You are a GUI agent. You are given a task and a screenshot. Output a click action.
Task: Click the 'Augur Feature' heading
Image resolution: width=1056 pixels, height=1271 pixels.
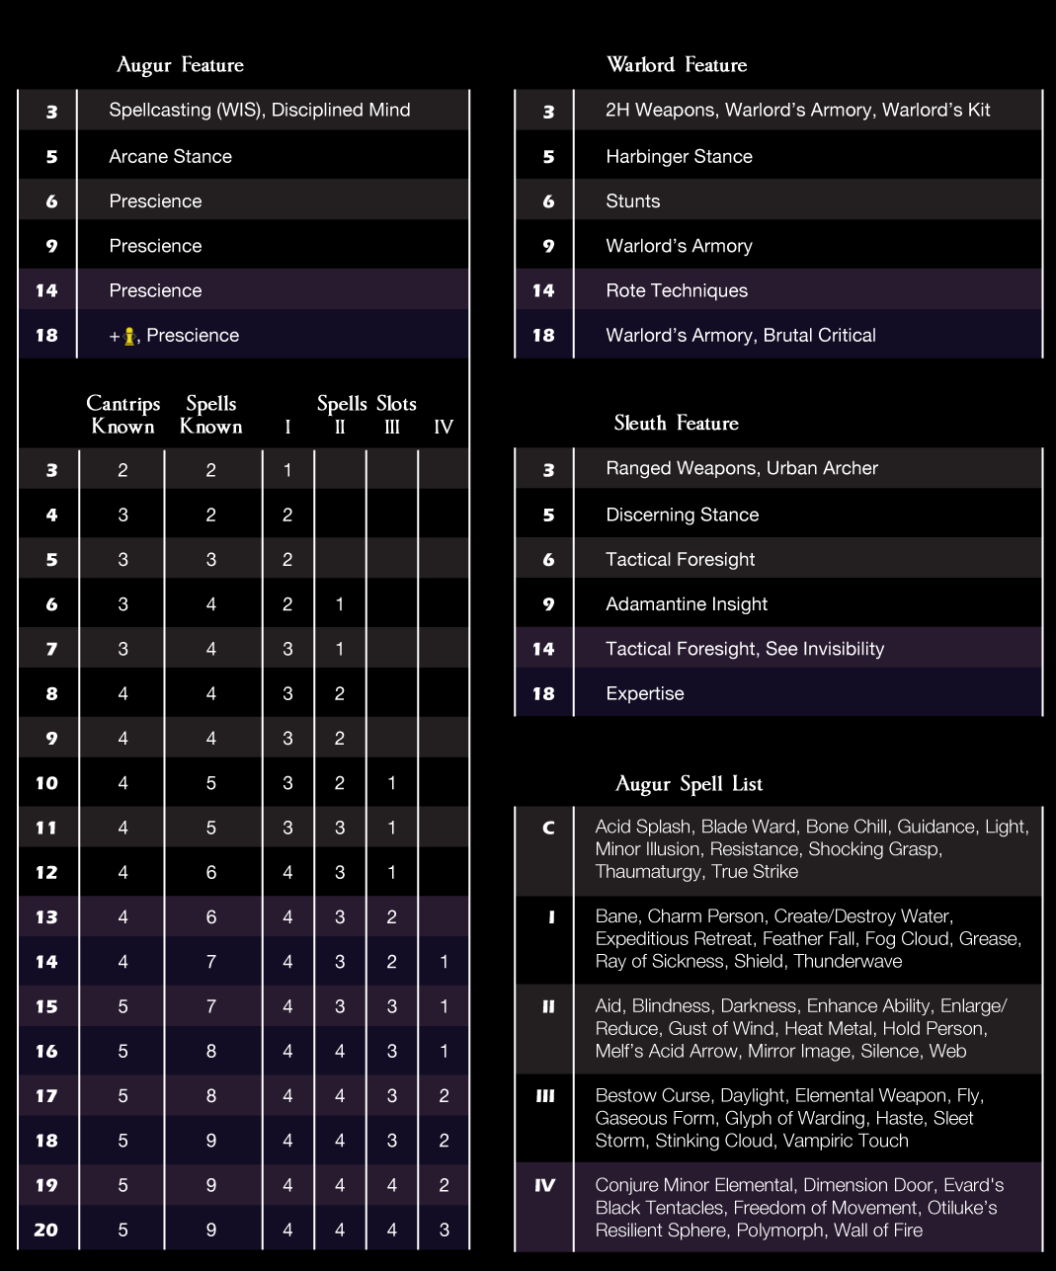click(x=180, y=65)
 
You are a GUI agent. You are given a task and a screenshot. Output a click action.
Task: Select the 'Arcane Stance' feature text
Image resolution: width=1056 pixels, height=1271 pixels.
click(x=170, y=156)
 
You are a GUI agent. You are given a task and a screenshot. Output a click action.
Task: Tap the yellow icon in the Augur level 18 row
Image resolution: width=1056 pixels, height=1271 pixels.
click(x=128, y=336)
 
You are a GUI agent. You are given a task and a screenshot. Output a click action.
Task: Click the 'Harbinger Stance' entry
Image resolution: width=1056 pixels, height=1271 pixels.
click(x=679, y=156)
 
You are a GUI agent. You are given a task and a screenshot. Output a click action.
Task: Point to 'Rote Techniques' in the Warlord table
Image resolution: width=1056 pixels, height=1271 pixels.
click(x=677, y=290)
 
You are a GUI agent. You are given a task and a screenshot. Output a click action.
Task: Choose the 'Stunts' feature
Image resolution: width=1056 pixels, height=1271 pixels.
click(x=632, y=200)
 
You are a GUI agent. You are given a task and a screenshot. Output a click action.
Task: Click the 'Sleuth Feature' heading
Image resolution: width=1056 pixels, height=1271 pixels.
click(x=676, y=424)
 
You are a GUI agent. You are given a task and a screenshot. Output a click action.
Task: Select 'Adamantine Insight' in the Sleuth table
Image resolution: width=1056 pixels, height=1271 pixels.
click(x=687, y=603)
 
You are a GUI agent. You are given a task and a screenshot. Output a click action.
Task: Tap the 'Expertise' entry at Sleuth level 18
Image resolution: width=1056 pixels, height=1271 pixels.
click(x=644, y=693)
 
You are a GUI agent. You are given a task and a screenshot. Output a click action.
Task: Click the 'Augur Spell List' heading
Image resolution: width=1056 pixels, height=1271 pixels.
click(x=689, y=784)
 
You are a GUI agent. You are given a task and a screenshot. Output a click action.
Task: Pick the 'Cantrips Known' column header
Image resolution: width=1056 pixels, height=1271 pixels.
click(x=122, y=415)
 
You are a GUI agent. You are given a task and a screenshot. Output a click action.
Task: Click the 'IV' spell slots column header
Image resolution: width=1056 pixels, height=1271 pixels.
click(x=444, y=428)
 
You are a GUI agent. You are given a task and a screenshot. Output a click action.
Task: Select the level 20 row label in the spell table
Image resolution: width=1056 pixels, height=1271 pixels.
click(x=46, y=1230)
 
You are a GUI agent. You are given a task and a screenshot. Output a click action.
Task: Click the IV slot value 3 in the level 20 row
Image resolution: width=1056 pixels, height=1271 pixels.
click(x=444, y=1230)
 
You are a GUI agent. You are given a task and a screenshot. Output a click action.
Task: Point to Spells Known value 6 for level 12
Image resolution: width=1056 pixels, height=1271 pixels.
click(x=210, y=872)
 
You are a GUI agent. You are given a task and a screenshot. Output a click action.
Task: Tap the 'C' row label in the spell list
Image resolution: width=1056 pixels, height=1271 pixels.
click(x=548, y=828)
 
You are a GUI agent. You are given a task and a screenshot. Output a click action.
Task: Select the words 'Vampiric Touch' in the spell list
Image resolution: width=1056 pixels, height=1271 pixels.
click(x=846, y=1141)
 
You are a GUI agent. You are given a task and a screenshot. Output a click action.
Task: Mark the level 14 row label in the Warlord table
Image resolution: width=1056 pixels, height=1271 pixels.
click(x=543, y=290)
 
